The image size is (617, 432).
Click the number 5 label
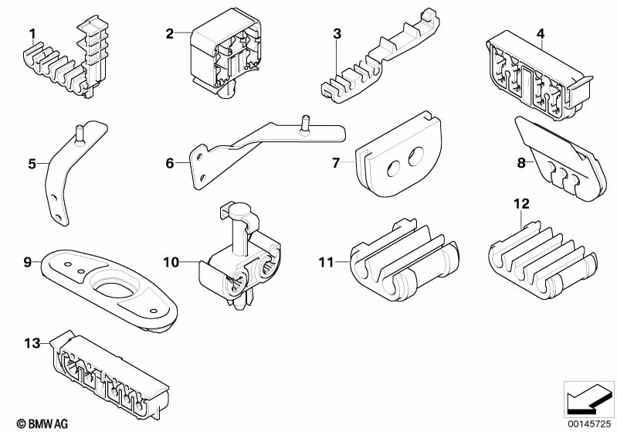tap(32, 163)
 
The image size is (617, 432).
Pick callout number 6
tap(169, 163)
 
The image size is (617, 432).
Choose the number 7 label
tap(336, 163)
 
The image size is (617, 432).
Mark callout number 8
tap(520, 163)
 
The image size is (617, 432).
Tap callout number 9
tap(27, 263)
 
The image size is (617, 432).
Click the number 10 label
tap(170, 263)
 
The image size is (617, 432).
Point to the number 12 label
tap(521, 204)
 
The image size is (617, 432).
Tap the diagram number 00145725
tap(588, 423)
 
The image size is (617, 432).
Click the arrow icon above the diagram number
tap(588, 399)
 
